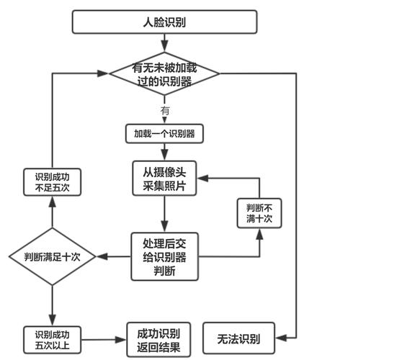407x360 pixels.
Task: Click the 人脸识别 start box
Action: (x=164, y=22)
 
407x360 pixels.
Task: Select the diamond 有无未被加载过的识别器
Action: (x=164, y=73)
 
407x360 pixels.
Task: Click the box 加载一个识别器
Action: (x=164, y=134)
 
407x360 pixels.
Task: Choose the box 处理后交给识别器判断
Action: (x=164, y=256)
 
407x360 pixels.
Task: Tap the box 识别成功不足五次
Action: (x=52, y=181)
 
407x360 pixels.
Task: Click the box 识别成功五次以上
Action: (x=52, y=340)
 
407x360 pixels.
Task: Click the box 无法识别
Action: (x=238, y=338)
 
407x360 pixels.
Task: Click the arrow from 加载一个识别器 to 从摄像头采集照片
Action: (x=164, y=151)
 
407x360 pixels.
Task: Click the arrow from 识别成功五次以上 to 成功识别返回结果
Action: (x=104, y=339)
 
